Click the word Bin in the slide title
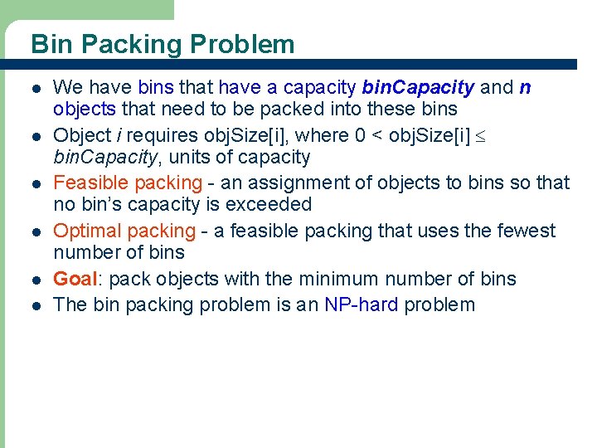pos(49,44)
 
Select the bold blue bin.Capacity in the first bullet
pos(419,87)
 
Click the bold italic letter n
pos(525,87)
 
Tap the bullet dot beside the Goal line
pos(32,280)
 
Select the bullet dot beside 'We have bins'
pos(32,88)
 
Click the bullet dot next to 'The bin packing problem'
pos(32,305)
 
